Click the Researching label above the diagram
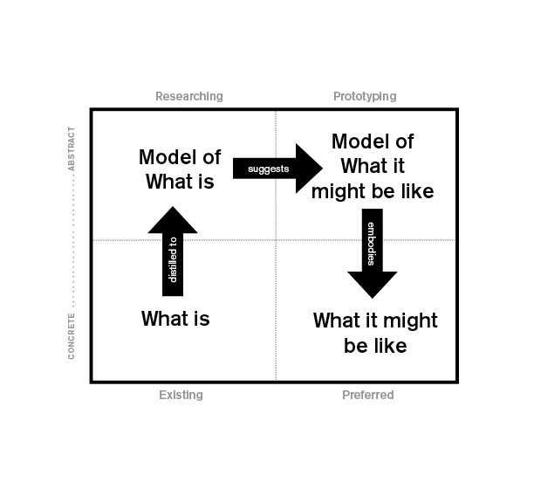click(x=188, y=96)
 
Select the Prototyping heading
click(x=365, y=96)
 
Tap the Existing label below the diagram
click(x=181, y=395)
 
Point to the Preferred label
click(x=367, y=395)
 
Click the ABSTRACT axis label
click(x=72, y=148)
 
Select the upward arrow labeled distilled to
click(x=173, y=253)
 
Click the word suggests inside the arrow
click(x=268, y=169)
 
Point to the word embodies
click(x=373, y=244)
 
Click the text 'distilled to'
click(x=173, y=259)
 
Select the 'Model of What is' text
click(x=180, y=169)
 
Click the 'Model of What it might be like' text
click(x=373, y=166)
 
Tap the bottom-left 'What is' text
click(x=175, y=319)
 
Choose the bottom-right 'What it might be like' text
click(x=375, y=333)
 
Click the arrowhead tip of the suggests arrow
click(x=321, y=168)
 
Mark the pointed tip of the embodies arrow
click(x=373, y=297)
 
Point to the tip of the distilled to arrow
click(x=173, y=208)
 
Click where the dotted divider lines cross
click(x=276, y=240)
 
